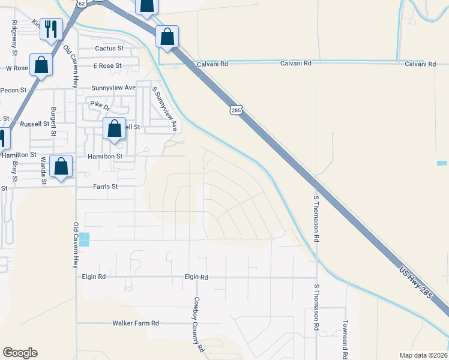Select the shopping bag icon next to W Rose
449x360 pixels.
tap(41, 65)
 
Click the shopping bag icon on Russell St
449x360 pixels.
tap(114, 128)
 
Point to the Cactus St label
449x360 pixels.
tap(109, 48)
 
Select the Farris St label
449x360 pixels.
tap(106, 187)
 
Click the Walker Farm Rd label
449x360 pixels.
tap(136, 323)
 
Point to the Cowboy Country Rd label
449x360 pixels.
tap(197, 324)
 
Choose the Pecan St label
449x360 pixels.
tap(15, 90)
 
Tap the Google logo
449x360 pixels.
tap(20, 353)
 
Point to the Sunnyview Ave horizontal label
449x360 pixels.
tap(113, 87)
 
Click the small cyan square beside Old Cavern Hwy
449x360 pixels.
tap(84, 239)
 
